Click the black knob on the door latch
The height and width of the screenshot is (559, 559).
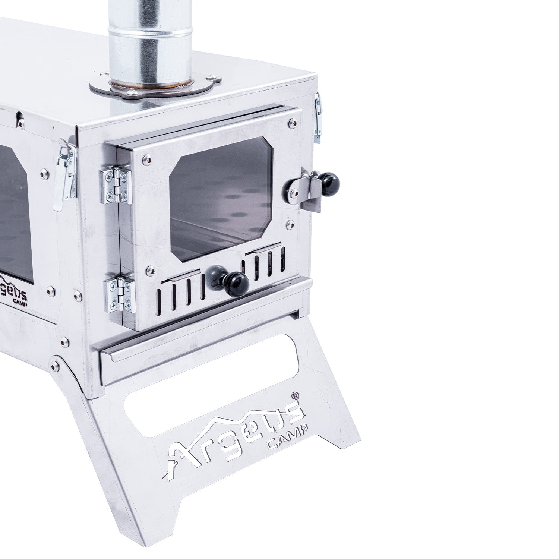331,183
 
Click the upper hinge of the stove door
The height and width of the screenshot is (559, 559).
116,185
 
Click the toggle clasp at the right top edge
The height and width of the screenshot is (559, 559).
318,118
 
